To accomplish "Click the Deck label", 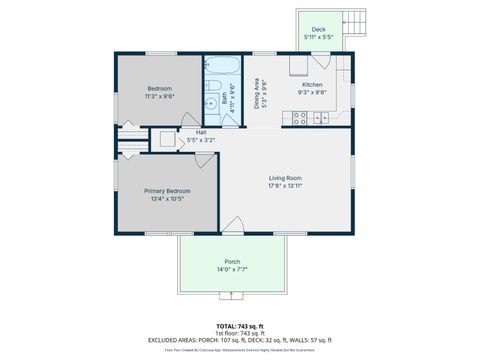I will [x=318, y=29].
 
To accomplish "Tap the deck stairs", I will [x=354, y=21].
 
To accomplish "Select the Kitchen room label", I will [x=313, y=85].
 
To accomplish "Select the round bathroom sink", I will [x=211, y=103].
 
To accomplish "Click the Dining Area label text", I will [x=258, y=93].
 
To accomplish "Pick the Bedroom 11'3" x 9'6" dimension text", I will [x=160, y=97].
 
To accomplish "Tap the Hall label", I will [x=201, y=132].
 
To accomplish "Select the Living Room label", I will [x=285, y=178].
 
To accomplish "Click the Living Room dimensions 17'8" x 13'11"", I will [x=285, y=186].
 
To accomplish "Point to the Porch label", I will [x=232, y=262].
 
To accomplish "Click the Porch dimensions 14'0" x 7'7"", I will [x=232, y=270].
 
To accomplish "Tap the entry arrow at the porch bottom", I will [x=232, y=296].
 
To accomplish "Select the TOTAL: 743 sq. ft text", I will [x=240, y=326].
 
